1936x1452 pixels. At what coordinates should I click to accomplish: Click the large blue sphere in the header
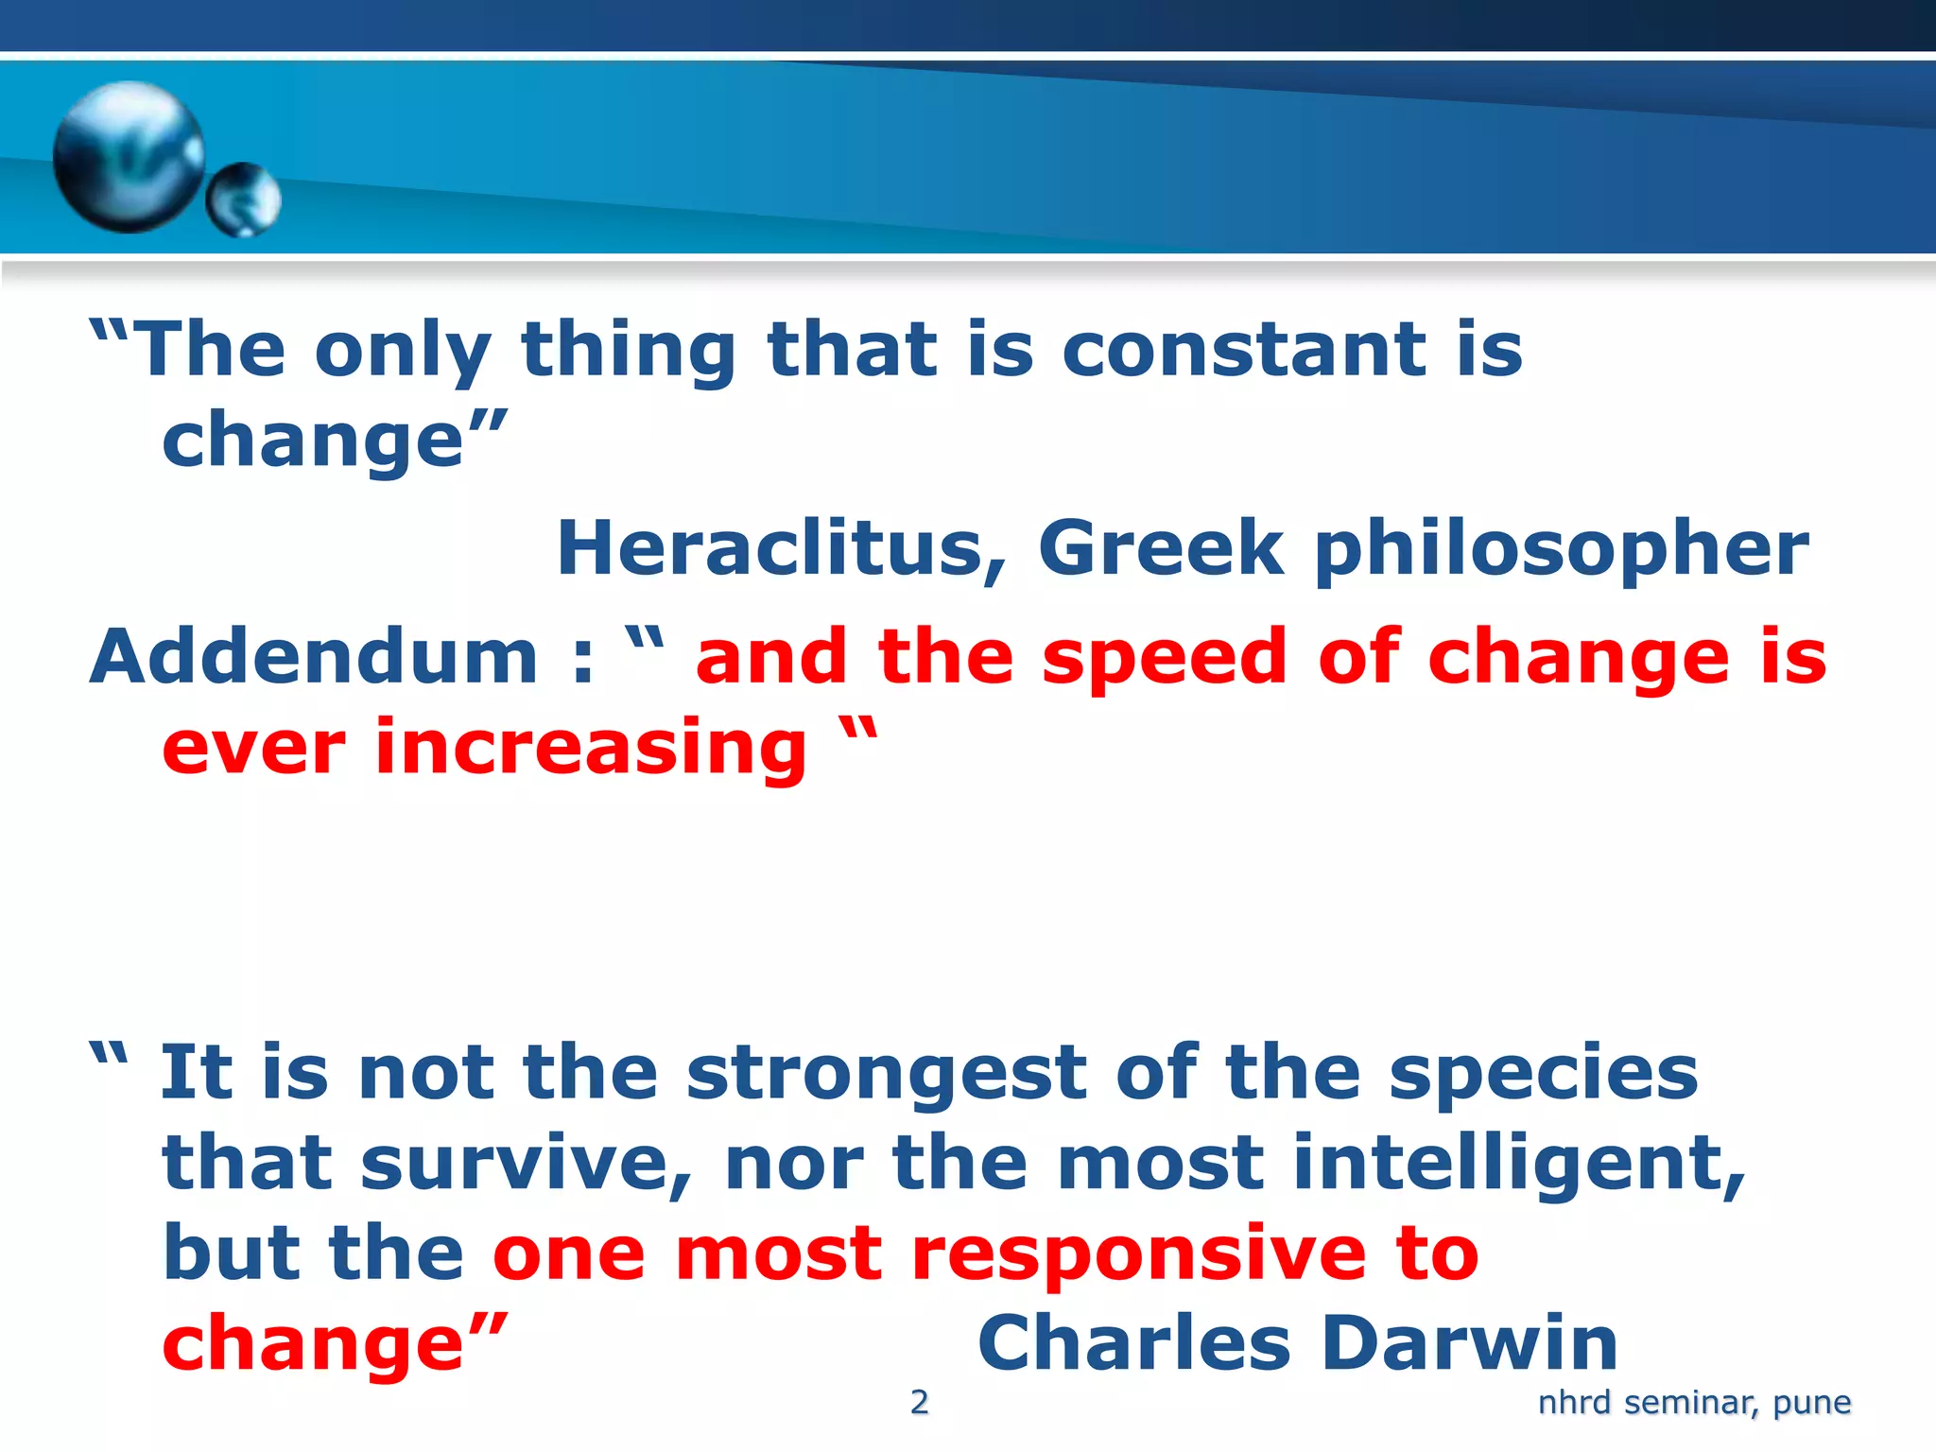(x=128, y=157)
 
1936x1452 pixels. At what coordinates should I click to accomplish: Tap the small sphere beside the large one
(x=244, y=199)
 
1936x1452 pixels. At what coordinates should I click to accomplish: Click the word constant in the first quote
(x=1245, y=350)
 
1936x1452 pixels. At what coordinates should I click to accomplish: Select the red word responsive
(x=1139, y=1255)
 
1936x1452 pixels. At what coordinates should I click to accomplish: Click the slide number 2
(x=919, y=1402)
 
